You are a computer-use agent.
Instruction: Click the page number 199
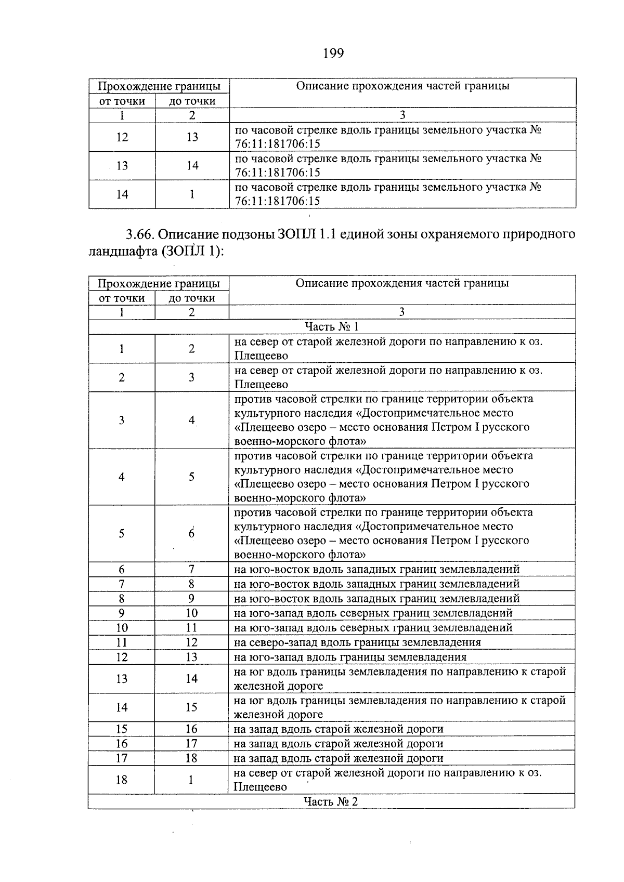tap(333, 54)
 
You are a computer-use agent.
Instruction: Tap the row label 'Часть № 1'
tap(332, 326)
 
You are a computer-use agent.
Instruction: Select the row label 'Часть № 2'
tap(331, 801)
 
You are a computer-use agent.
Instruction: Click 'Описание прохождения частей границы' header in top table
tap(402, 86)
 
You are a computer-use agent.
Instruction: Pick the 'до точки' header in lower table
tap(192, 298)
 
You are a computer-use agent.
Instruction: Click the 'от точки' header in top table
tap(122, 101)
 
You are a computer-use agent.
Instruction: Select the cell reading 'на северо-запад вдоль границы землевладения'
tap(358, 642)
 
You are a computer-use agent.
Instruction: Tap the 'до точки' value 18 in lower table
tap(191, 758)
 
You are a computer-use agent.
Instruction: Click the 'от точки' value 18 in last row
tap(122, 780)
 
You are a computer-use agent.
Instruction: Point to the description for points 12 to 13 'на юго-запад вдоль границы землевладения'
tap(350, 657)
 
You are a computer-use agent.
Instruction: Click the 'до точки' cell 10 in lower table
tap(191, 613)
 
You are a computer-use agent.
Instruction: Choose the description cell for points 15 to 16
tap(339, 729)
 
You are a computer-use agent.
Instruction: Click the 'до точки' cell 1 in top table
tap(192, 194)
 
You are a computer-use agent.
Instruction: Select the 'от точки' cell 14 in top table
tap(122, 194)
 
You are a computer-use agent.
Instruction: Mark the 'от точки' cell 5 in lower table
tap(121, 534)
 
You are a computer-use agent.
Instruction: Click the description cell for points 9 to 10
tap(373, 613)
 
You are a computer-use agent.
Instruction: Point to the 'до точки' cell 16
tap(191, 729)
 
